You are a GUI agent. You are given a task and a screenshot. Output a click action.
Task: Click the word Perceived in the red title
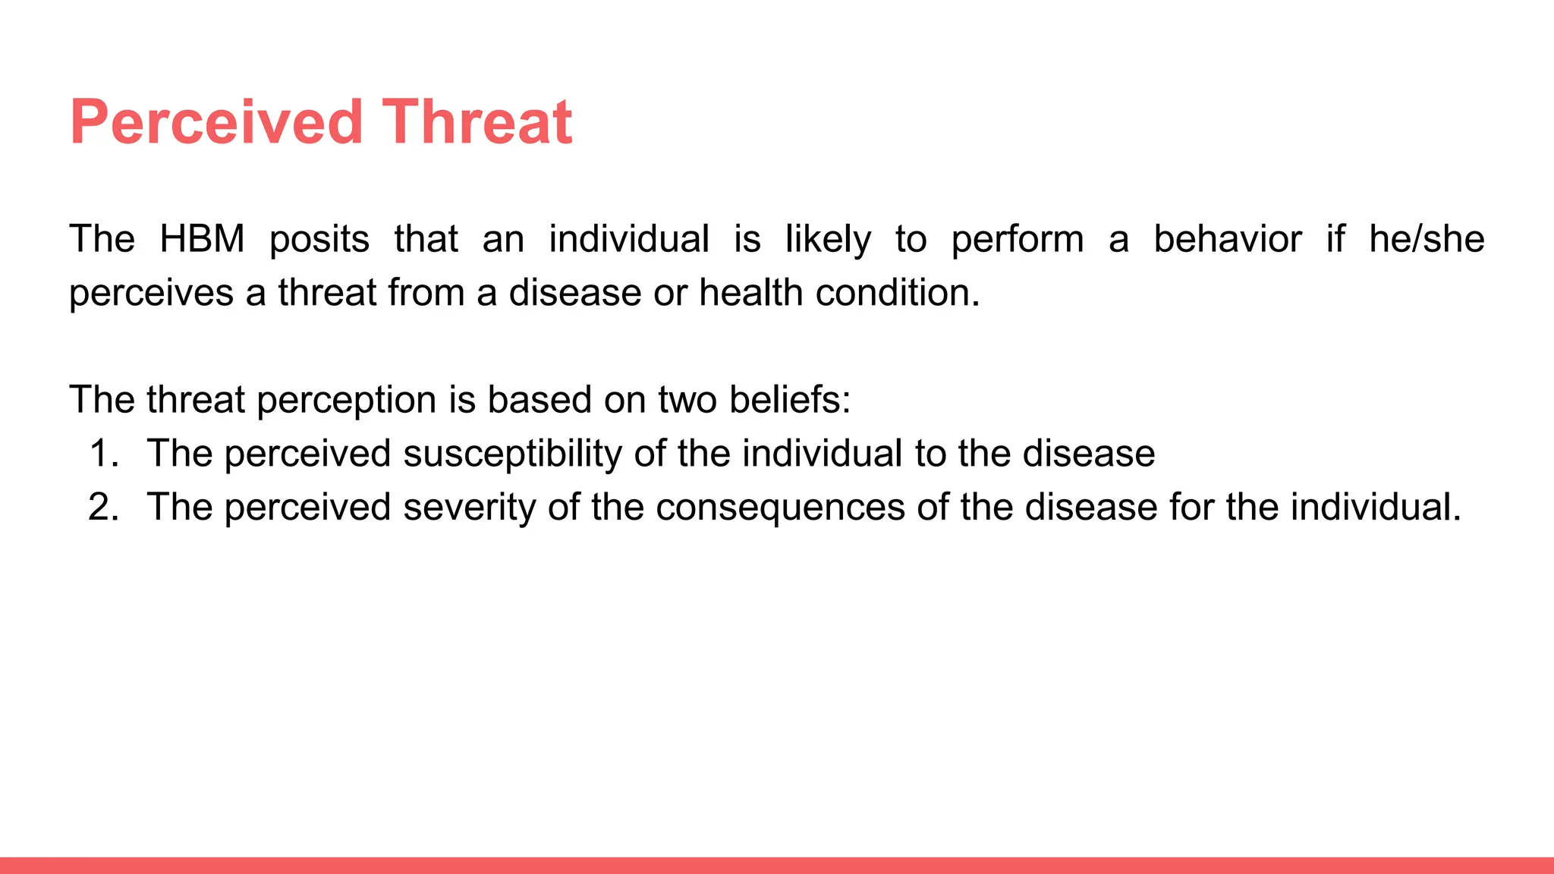point(216,122)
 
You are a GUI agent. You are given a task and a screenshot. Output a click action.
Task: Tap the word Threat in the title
point(477,122)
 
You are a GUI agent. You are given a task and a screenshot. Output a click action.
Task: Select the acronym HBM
point(202,240)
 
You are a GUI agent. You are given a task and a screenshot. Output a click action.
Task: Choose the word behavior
point(1227,240)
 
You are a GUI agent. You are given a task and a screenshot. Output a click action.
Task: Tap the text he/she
point(1427,240)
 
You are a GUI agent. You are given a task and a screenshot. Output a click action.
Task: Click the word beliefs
point(789,400)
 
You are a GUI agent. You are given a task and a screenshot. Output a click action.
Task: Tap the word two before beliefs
point(687,400)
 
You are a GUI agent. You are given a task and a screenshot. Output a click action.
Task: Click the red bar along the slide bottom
point(777,865)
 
